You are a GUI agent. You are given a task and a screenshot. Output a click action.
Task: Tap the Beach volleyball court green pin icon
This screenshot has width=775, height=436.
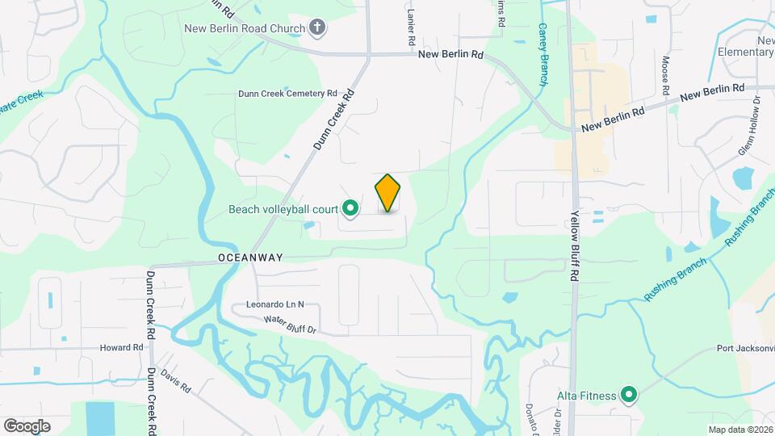pyautogui.click(x=350, y=209)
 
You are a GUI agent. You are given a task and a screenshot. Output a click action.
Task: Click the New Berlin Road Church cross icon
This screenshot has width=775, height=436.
pyautogui.click(x=317, y=28)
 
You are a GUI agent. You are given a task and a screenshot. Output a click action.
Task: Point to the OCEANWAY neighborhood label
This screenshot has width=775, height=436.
pyautogui.click(x=250, y=258)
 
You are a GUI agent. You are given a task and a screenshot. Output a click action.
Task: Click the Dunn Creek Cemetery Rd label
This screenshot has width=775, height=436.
pyautogui.click(x=287, y=94)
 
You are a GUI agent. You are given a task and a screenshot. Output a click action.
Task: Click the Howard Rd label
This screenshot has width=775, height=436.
pyautogui.click(x=121, y=348)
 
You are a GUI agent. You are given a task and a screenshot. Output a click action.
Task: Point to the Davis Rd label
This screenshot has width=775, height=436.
pyautogui.click(x=175, y=383)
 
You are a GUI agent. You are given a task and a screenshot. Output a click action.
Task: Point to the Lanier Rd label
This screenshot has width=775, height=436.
pyautogui.click(x=411, y=27)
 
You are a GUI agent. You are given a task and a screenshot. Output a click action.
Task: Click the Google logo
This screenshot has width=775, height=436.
pyautogui.click(x=27, y=426)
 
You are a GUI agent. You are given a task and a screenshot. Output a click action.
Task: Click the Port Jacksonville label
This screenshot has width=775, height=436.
pyautogui.click(x=745, y=349)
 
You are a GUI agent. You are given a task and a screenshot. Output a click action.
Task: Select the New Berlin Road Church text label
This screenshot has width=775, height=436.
pyautogui.click(x=245, y=29)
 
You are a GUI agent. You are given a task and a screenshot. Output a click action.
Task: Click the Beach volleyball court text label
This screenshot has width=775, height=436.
pyautogui.click(x=283, y=209)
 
